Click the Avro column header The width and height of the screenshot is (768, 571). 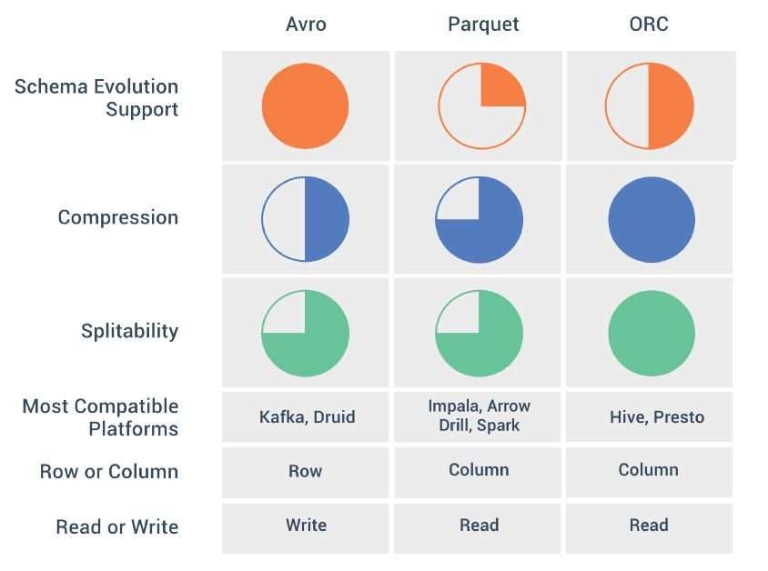point(306,24)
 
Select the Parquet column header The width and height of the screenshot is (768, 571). point(483,25)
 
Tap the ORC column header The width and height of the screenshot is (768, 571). point(649,24)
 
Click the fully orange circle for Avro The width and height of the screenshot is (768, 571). point(305,105)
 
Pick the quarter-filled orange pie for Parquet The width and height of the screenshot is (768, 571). point(482,105)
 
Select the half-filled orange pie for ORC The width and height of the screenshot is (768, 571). point(650,105)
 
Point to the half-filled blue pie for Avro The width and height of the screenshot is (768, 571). point(305,219)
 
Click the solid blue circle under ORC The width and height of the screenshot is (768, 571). point(652,220)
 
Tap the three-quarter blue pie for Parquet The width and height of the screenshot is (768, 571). point(479,220)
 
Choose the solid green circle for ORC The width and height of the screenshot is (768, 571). point(652,333)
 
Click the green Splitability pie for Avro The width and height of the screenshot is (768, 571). point(305,333)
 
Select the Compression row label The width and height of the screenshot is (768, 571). point(118,217)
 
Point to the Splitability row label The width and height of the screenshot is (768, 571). point(130,331)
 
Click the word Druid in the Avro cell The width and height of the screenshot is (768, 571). point(334,416)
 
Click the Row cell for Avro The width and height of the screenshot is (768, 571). point(305,471)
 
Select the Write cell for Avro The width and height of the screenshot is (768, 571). point(306,525)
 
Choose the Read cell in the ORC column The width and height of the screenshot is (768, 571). point(649,525)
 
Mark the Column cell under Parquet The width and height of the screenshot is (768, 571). point(479,470)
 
